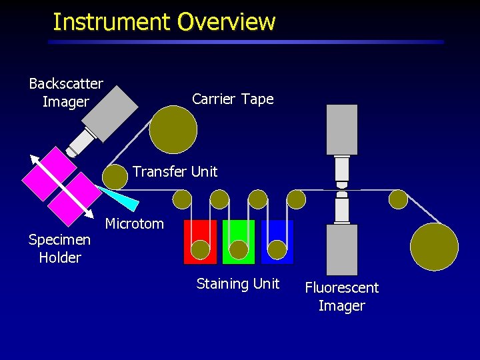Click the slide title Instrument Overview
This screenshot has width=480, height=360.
pyautogui.click(x=163, y=22)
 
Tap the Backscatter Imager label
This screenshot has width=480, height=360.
pyautogui.click(x=65, y=93)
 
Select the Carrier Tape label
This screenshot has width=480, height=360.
pyautogui.click(x=233, y=99)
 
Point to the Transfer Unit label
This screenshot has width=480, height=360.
pyautogui.click(x=175, y=172)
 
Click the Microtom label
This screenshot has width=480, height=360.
pyautogui.click(x=134, y=224)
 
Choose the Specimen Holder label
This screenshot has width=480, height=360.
pyautogui.click(x=59, y=249)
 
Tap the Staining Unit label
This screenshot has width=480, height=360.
pyautogui.click(x=238, y=284)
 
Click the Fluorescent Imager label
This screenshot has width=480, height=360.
pyautogui.click(x=341, y=297)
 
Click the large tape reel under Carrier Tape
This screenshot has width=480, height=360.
pyautogui.click(x=173, y=129)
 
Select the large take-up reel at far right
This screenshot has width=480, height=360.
pyautogui.click(x=434, y=246)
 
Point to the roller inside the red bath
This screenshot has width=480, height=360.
pyautogui.click(x=199, y=249)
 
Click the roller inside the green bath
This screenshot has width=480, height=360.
pyautogui.click(x=238, y=249)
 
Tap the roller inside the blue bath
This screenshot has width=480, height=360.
pyautogui.click(x=277, y=249)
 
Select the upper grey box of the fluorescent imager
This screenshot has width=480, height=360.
pyautogui.click(x=341, y=129)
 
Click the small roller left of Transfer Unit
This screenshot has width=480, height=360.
pyautogui.click(x=115, y=177)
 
